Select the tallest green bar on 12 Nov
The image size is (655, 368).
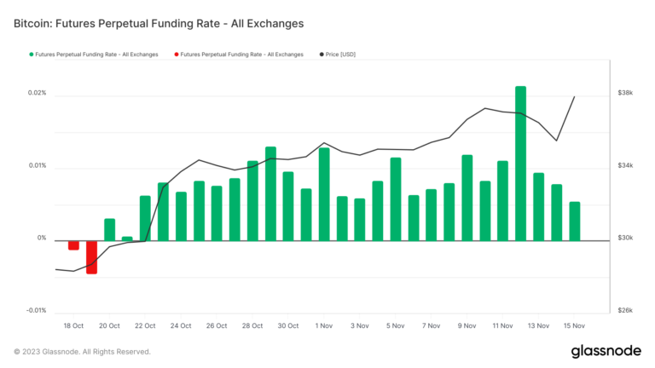pos(520,162)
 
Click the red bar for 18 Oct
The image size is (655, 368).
pos(73,245)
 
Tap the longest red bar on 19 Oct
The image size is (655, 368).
pos(91,256)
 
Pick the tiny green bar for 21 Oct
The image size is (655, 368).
pos(127,239)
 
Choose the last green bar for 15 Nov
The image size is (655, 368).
pos(574,221)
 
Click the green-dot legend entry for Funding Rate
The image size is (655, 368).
pos(93,55)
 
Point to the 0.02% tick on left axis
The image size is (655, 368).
pos(36,93)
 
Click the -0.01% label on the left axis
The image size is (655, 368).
pos(35,311)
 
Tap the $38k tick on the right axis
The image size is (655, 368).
pos(625,93)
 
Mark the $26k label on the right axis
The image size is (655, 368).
pos(625,311)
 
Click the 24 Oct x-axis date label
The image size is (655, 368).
pos(180,325)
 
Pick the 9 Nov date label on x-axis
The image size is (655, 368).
pos(467,325)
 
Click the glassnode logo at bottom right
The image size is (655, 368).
pos(606,351)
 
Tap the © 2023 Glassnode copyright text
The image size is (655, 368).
pos(82,351)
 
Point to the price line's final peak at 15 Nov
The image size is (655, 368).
pos(574,97)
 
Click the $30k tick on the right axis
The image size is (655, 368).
pos(625,239)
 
